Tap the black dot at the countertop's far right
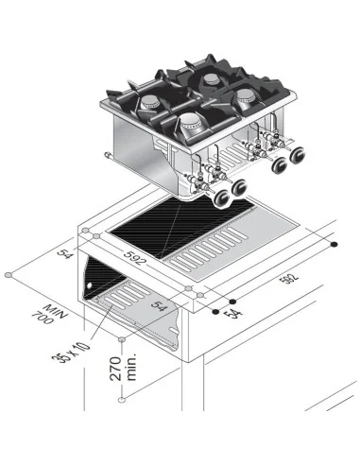pos(337,245)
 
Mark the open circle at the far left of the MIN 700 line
pos(9,275)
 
